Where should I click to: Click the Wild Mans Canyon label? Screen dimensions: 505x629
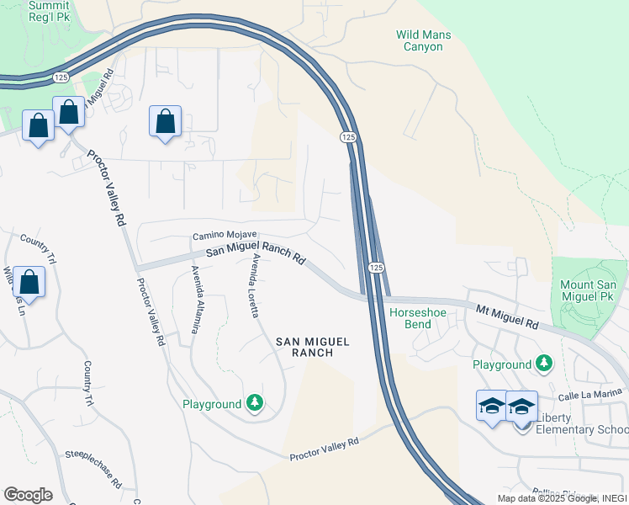tap(424, 40)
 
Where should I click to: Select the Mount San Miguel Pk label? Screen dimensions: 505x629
tap(589, 292)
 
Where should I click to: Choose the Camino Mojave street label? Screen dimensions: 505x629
tap(225, 237)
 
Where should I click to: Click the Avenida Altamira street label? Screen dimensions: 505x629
tap(195, 299)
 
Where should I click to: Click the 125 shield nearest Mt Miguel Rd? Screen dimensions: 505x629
tap(376, 267)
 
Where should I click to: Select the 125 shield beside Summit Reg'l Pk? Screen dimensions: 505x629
tap(61, 77)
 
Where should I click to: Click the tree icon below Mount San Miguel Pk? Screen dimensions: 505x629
tap(545, 364)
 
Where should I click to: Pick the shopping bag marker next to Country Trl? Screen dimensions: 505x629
tap(29, 283)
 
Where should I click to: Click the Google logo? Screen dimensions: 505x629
tap(28, 495)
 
